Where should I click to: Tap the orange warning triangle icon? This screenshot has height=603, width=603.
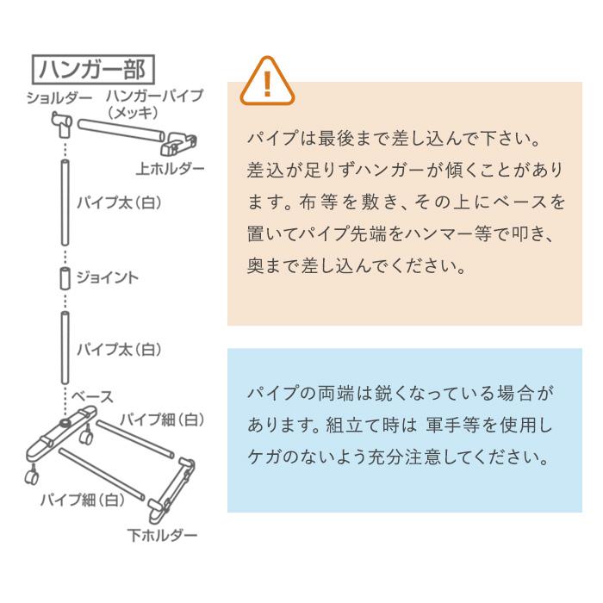point(266,80)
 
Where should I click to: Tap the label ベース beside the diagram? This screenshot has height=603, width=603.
point(92,396)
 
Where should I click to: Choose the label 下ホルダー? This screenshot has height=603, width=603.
point(163,536)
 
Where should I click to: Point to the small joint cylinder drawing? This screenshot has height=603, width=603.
point(64,279)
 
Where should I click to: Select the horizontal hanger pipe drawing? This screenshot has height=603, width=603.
point(121,130)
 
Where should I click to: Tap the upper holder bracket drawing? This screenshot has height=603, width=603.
point(183,139)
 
